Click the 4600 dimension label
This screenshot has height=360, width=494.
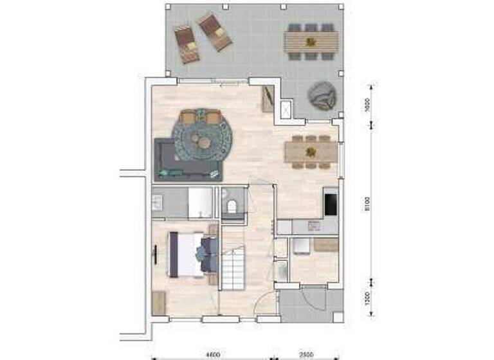213,354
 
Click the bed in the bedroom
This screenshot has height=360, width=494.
190,254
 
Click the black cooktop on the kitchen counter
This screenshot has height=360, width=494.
331,204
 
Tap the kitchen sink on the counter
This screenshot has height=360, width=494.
314,226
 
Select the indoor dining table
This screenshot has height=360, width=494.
311,152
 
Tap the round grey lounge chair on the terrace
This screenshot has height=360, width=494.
321,96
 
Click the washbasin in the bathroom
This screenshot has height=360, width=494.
158,203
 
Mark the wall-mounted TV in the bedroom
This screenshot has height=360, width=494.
155,255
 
